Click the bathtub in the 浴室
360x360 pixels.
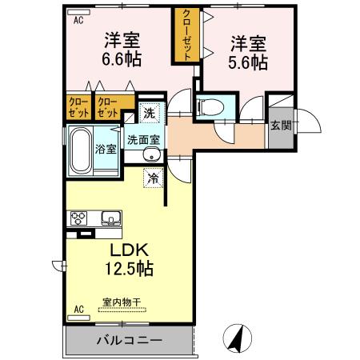pyautogui.click(x=81, y=150)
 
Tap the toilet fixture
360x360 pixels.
pyautogui.click(x=210, y=106)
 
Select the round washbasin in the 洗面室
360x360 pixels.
pyautogui.click(x=151, y=155)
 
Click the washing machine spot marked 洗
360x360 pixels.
pyautogui.click(x=149, y=113)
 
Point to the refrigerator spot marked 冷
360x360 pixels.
pyautogui.click(x=153, y=178)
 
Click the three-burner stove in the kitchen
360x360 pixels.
pyautogui.click(x=78, y=218)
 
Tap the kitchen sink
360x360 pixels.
pyautogui.click(x=111, y=218)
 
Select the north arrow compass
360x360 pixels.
pyautogui.click(x=238, y=338)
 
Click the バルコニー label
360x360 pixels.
pyautogui.click(x=130, y=340)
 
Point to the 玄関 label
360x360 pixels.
pyautogui.click(x=281, y=126)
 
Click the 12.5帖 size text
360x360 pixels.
pyautogui.click(x=129, y=268)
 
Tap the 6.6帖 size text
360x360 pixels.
pyautogui.click(x=122, y=59)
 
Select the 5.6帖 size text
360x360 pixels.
pyautogui.click(x=248, y=62)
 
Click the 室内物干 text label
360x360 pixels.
pyautogui.click(x=122, y=302)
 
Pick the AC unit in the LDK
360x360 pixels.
pyautogui.click(x=78, y=318)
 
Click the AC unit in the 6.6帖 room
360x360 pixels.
pyautogui.click(x=78, y=12)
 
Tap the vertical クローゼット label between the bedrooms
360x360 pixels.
pyautogui.click(x=187, y=35)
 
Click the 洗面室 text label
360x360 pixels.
pyautogui.click(x=144, y=140)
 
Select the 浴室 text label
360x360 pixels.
pyautogui.click(x=106, y=150)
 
